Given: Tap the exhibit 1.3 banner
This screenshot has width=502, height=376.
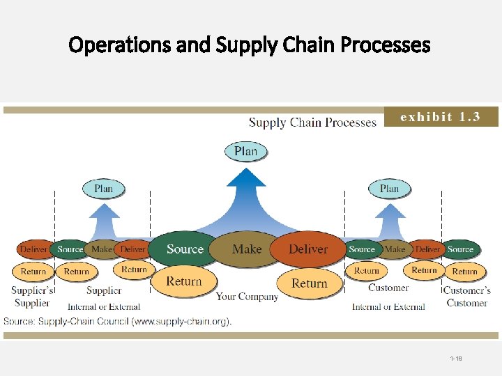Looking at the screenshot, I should tap(441, 117).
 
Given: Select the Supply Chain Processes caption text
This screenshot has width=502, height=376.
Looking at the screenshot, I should tap(312, 123).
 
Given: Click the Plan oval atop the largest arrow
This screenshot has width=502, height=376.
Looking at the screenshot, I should tap(245, 151).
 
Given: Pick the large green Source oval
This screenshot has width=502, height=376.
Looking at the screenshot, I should tap(185, 249).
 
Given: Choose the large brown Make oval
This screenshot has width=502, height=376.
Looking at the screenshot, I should tap(247, 249).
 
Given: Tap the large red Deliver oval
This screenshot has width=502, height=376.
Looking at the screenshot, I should tap(308, 249).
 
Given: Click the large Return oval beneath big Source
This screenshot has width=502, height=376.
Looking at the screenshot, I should tap(184, 281).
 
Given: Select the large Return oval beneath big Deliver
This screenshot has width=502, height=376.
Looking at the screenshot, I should tap(310, 283).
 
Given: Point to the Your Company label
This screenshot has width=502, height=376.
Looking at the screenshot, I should tap(247, 297).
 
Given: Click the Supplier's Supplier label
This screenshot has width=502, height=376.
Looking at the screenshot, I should tap(32, 297).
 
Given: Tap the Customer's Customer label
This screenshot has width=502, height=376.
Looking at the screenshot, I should tap(467, 297).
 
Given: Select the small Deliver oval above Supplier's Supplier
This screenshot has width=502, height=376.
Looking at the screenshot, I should tap(33, 249).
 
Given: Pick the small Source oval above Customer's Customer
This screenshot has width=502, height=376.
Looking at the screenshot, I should tap(460, 249).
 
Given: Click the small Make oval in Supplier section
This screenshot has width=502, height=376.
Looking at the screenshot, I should tap(102, 249).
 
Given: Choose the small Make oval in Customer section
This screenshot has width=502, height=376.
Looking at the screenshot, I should tap(395, 249).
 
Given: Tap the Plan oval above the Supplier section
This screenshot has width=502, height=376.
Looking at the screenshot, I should tap(103, 189).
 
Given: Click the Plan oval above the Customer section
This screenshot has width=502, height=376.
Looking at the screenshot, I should tap(389, 189).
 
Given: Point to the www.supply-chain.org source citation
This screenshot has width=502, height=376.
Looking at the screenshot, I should tap(117, 321).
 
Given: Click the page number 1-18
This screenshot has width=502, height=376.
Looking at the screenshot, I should tap(456, 359).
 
